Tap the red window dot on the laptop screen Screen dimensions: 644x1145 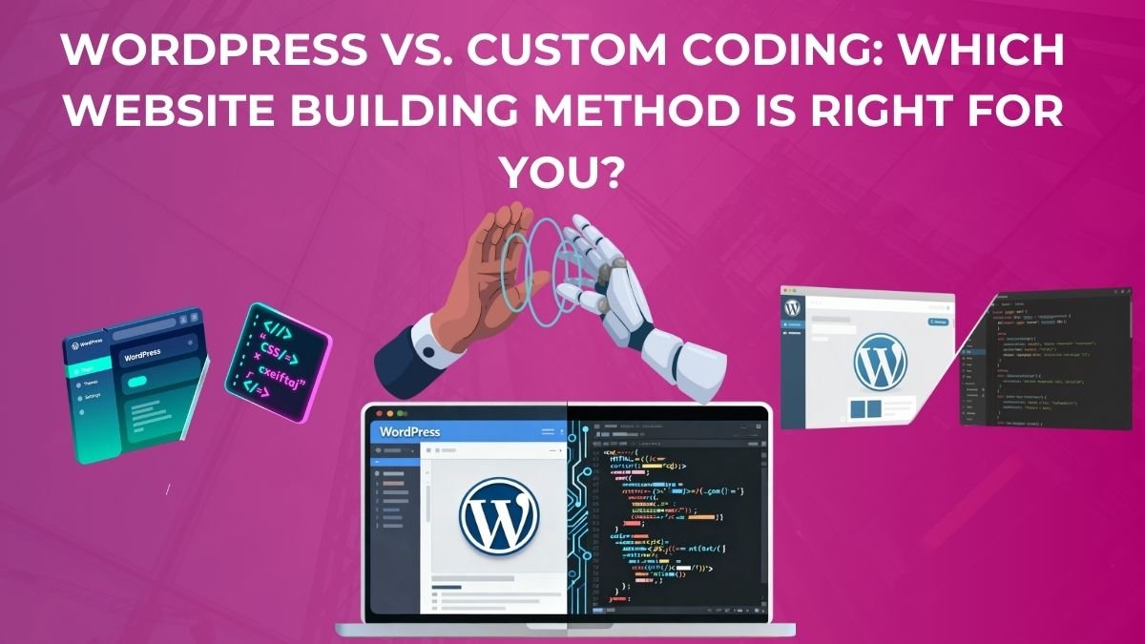[379, 413]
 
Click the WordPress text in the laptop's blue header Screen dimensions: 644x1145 [410, 431]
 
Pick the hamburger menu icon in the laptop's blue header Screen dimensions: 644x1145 [549, 431]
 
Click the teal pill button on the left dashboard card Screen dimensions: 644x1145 [137, 381]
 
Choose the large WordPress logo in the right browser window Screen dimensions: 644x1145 [879, 364]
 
